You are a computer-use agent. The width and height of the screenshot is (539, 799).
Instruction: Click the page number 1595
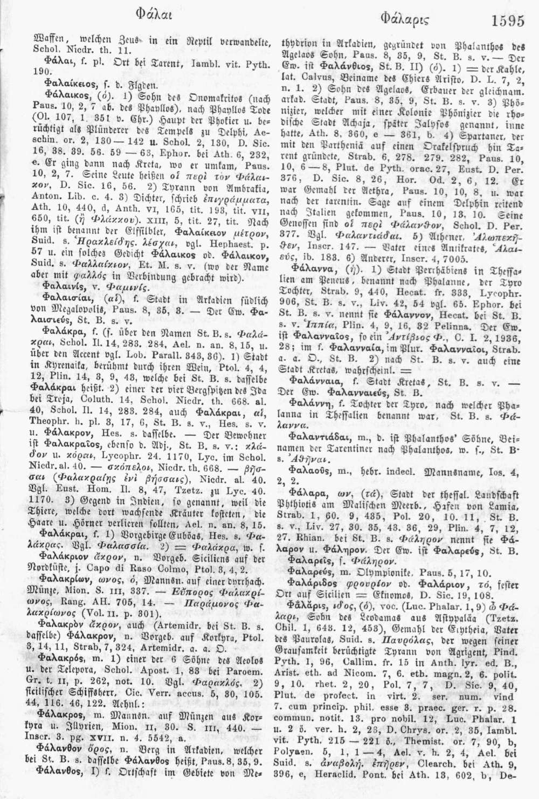(x=507, y=21)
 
